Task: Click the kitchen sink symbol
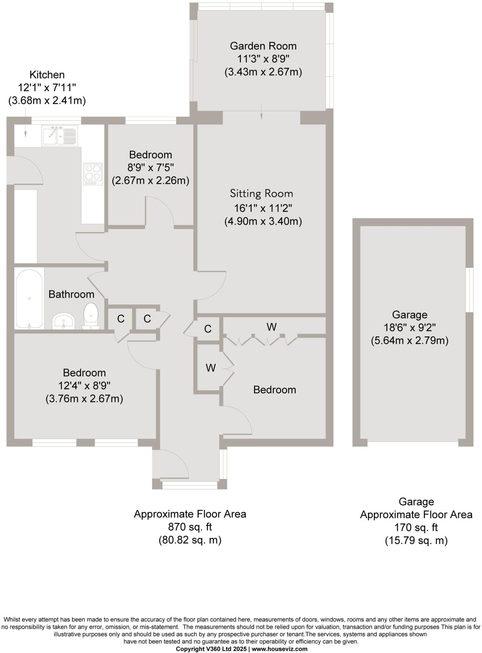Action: click(x=59, y=136)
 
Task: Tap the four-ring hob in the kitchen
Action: click(x=93, y=174)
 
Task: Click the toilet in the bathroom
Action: click(x=91, y=316)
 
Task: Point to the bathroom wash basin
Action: click(x=64, y=321)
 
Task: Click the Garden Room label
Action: click(x=263, y=46)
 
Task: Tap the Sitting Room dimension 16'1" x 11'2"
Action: click(x=263, y=208)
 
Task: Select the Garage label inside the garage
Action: click(x=409, y=315)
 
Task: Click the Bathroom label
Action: click(x=71, y=294)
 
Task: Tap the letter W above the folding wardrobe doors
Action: click(x=271, y=327)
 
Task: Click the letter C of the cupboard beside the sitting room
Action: click(x=208, y=329)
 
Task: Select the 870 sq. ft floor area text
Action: click(x=190, y=527)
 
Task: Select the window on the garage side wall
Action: click(x=469, y=290)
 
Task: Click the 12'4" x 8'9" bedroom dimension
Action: click(x=84, y=386)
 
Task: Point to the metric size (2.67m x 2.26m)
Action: click(x=150, y=181)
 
